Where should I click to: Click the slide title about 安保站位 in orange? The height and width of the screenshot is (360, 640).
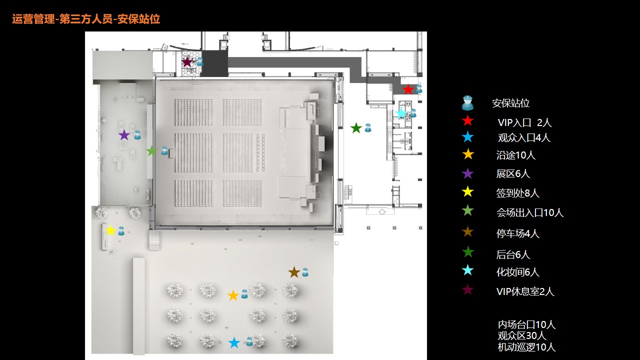click(86, 19)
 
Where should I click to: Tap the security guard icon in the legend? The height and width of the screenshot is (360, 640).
click(467, 103)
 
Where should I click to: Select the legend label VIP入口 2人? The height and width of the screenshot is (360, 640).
click(524, 122)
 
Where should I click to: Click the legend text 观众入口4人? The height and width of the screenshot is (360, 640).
click(524, 137)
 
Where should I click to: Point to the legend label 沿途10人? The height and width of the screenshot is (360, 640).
click(515, 155)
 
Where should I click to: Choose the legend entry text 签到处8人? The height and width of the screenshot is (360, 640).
click(517, 193)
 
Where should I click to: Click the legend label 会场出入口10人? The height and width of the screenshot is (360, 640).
click(530, 212)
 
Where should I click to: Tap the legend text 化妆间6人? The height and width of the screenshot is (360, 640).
click(517, 272)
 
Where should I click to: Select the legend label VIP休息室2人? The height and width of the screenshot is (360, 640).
click(525, 291)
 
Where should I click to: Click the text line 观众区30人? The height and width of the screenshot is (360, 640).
click(522, 335)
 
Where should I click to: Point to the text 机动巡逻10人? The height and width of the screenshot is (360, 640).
click(526, 347)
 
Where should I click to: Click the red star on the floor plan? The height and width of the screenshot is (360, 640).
click(407, 89)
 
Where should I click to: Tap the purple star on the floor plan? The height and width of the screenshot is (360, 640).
click(124, 135)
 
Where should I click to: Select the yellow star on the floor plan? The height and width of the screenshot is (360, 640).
click(110, 230)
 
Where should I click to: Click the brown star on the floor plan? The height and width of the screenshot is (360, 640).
click(294, 272)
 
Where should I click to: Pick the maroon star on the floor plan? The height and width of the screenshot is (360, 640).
click(187, 62)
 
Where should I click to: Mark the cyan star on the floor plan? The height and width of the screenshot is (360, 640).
click(401, 113)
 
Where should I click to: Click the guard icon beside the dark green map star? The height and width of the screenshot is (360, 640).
click(368, 127)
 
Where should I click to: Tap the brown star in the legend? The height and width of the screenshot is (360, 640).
click(467, 231)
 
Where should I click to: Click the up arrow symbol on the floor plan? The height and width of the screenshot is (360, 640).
click(382, 211)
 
